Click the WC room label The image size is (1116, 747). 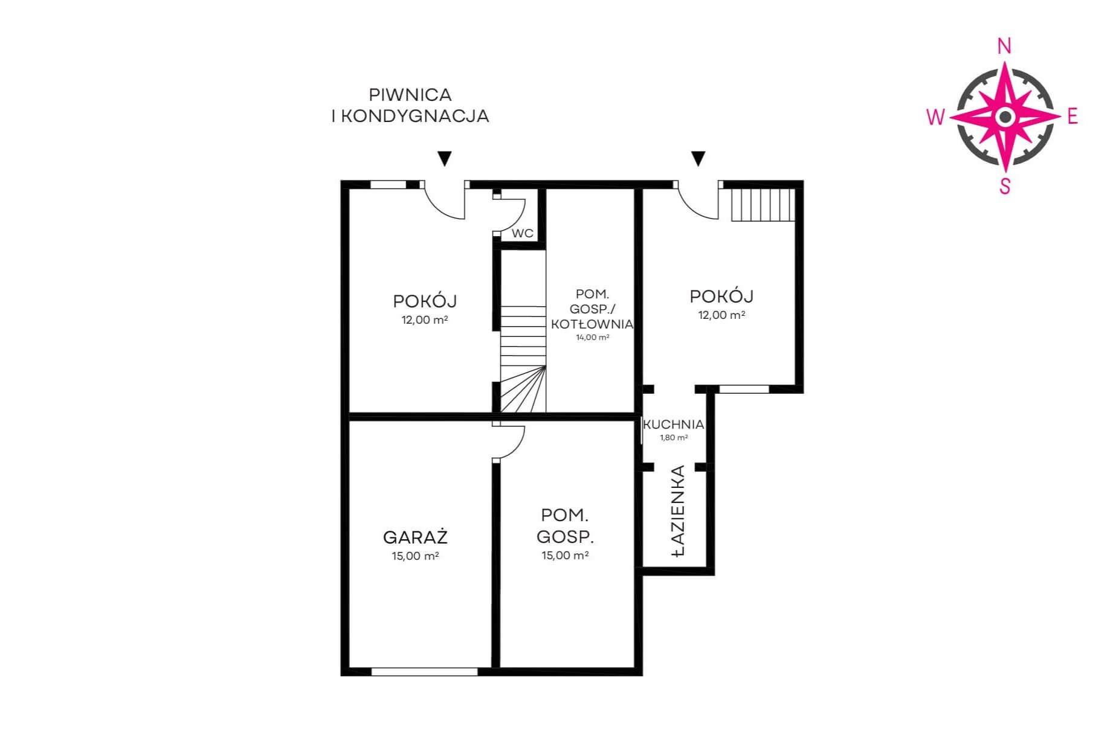tap(523, 233)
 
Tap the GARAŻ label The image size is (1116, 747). tap(416, 537)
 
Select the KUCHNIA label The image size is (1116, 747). tap(674, 425)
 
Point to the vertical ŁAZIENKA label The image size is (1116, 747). tap(679, 510)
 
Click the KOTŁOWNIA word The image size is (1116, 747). tap(592, 324)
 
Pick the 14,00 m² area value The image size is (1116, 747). tap(592, 338)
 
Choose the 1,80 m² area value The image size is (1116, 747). tap(674, 438)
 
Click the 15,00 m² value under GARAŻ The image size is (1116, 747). tap(416, 556)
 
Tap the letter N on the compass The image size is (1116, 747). tap(1004, 46)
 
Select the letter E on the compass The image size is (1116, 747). tap(1072, 116)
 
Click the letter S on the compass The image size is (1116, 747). tap(1005, 186)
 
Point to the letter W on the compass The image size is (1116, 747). tap(935, 117)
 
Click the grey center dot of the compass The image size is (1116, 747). tap(1005, 117)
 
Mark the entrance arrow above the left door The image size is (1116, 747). tap(445, 158)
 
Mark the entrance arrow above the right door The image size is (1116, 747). tap(698, 158)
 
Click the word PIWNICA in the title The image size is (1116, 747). tap(410, 95)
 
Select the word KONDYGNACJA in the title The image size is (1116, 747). tap(415, 116)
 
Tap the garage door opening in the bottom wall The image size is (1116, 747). tap(424, 672)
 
